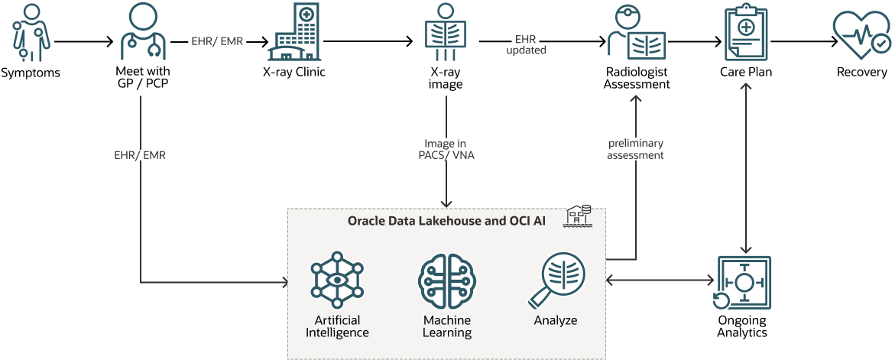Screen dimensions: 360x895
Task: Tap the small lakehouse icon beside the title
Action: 577,217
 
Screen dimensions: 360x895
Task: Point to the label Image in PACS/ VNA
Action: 446,149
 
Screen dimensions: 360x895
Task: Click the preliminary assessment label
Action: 635,149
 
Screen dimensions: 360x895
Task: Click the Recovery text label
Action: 861,73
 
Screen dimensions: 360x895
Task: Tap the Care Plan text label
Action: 746,73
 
